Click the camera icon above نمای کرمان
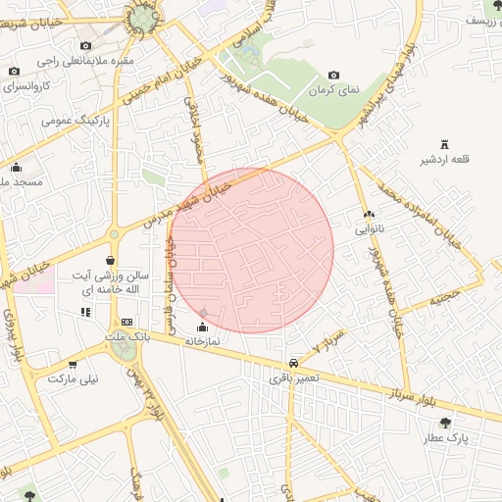point(333,75)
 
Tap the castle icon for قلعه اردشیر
point(444,143)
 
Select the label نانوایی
point(376,228)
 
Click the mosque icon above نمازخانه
point(203,326)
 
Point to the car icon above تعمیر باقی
point(295,360)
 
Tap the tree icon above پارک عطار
point(445,423)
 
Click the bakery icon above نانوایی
point(369,214)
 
